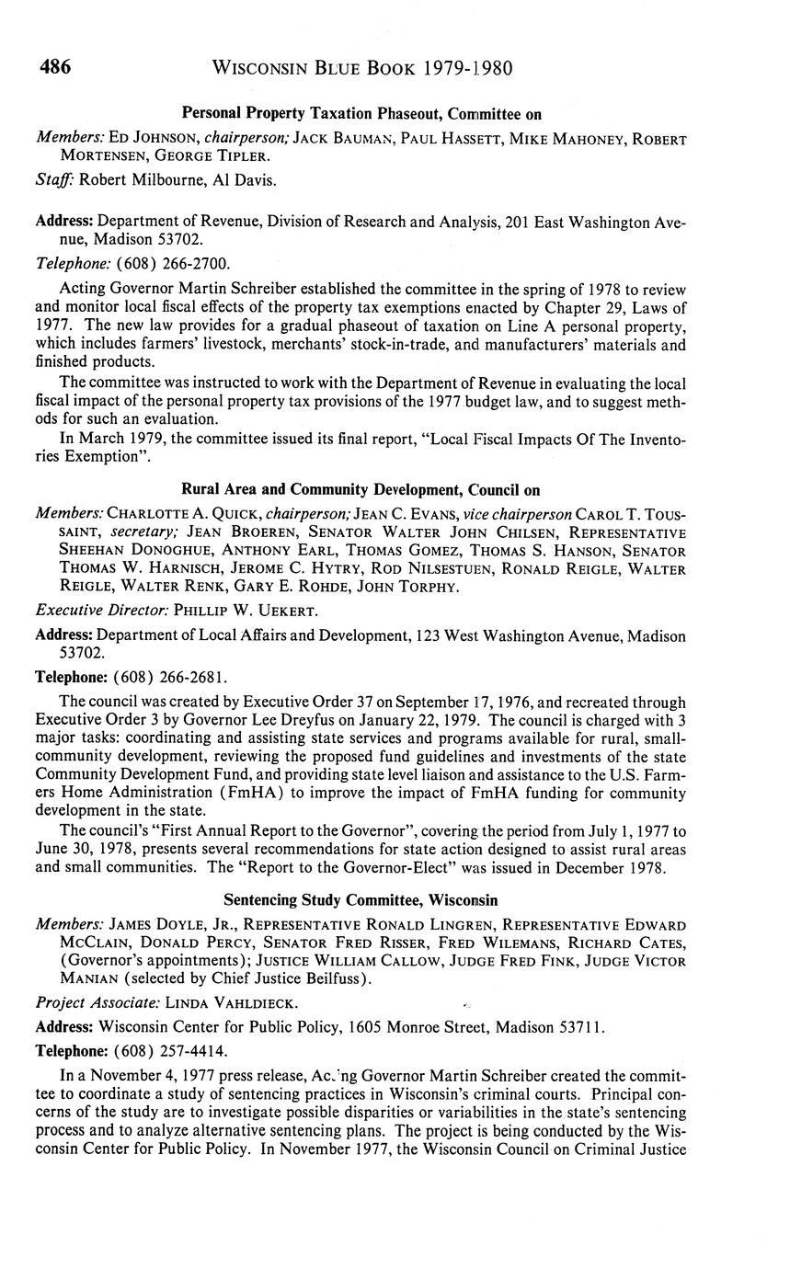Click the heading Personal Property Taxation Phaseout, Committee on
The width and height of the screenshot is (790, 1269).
tap(361, 114)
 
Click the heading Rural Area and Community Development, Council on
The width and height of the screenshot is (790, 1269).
tap(361, 489)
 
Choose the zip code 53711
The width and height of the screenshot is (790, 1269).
tap(582, 1026)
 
